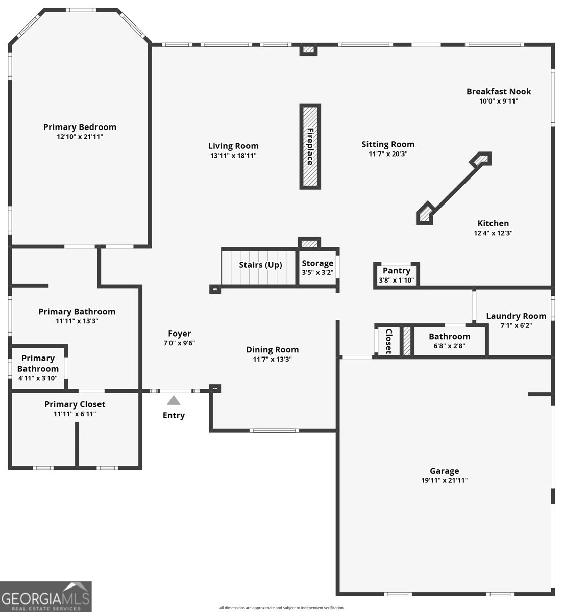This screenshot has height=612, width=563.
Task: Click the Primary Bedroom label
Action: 80,127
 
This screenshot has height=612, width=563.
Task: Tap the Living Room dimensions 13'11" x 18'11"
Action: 233,156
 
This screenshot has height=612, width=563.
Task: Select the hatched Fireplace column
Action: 310,146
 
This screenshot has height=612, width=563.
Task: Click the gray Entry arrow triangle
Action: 174,400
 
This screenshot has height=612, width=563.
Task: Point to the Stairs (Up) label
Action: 260,265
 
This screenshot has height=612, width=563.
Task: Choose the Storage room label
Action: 317,263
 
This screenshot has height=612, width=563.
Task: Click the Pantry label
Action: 397,271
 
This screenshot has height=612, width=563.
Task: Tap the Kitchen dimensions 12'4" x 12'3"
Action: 493,233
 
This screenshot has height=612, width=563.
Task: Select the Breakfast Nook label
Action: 499,91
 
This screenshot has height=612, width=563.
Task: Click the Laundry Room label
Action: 516,316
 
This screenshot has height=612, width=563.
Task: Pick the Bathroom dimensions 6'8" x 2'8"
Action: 449,346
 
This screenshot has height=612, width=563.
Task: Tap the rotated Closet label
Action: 389,341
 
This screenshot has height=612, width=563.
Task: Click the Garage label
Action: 445,471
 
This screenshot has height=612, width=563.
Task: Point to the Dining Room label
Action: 272,350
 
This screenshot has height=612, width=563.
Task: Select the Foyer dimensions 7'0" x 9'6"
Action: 179,343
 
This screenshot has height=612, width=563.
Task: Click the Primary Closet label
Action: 75,404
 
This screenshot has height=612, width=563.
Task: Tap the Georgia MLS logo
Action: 46,597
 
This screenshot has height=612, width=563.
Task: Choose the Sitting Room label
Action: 388,145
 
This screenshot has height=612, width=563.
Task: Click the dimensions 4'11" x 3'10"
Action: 38,378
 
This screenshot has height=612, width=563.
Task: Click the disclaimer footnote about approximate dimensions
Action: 281,608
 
